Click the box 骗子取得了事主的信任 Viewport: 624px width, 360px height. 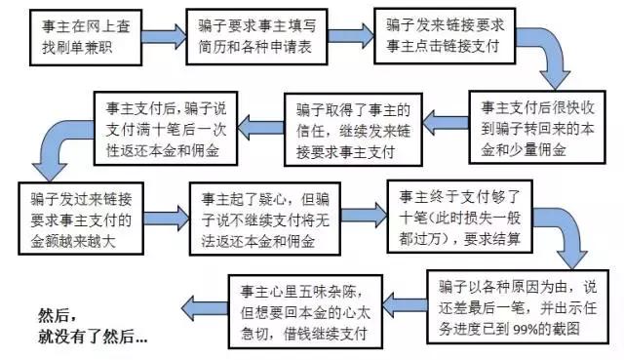point(350,125)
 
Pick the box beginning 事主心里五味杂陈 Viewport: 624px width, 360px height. point(306,302)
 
